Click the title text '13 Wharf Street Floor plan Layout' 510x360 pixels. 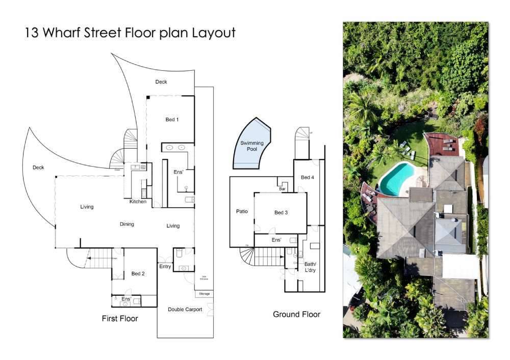click(130, 33)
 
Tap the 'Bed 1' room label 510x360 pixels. click(172, 120)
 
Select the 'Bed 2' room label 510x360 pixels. click(138, 273)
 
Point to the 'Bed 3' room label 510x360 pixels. click(281, 212)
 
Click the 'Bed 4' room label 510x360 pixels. click(308, 177)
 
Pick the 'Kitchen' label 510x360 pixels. click(138, 202)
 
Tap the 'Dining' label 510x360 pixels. click(127, 224)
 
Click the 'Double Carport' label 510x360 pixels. click(185, 309)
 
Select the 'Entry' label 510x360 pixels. click(165, 266)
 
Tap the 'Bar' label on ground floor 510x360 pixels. click(282, 188)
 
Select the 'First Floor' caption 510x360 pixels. click(120, 319)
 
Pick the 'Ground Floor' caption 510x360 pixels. click(296, 314)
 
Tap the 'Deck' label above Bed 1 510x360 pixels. click(161, 81)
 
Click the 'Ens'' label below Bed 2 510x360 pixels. click(126, 299)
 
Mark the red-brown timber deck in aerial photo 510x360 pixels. click(443, 145)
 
